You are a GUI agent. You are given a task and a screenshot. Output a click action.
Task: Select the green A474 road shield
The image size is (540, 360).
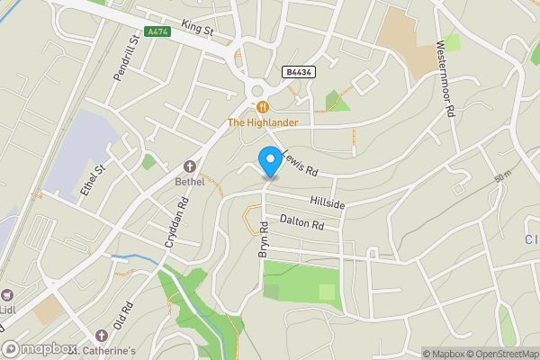point(157,31)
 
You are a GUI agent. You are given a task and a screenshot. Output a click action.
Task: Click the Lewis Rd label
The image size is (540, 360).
point(301,162)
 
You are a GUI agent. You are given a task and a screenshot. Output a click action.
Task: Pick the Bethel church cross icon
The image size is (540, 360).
point(189,166)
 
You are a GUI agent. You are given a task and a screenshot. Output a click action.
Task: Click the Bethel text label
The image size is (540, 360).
point(189,181)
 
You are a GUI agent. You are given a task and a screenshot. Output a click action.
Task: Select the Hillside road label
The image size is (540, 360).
point(328,204)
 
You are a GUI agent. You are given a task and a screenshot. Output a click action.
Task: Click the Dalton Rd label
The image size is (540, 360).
point(301,222)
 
